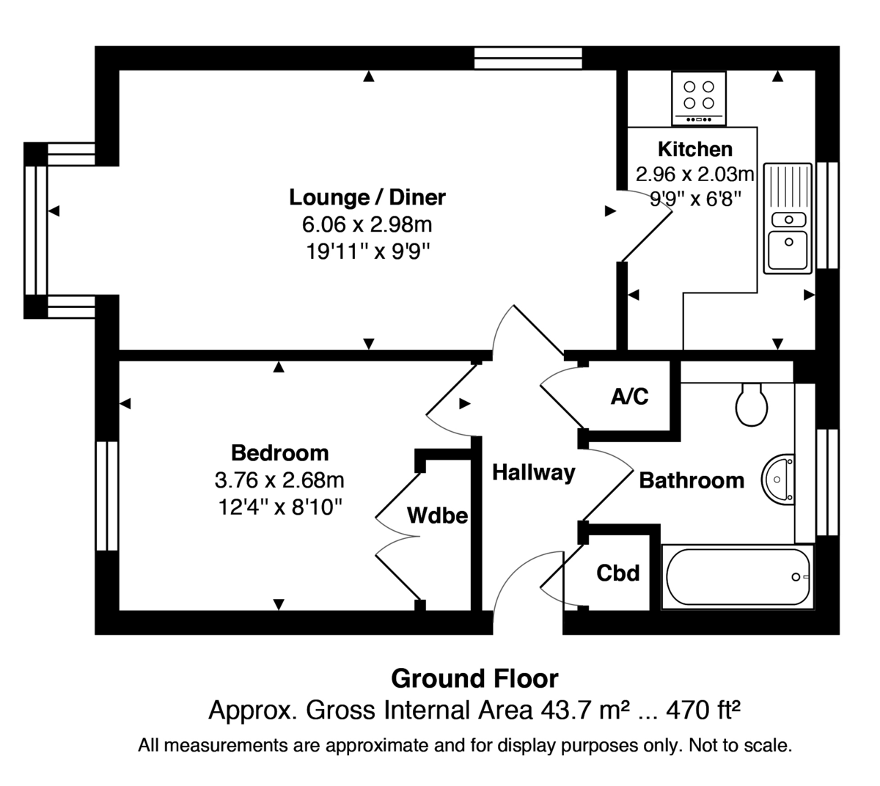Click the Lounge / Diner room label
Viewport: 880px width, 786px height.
tap(367, 197)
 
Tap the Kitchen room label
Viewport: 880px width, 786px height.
tap(694, 150)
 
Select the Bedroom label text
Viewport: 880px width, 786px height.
tap(279, 452)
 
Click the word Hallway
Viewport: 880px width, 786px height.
tap(533, 472)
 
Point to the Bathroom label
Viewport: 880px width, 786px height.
tap(692, 481)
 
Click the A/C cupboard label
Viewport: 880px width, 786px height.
tap(629, 397)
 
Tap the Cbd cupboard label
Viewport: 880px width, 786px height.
tap(617, 573)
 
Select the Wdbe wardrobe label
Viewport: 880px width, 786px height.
tap(437, 515)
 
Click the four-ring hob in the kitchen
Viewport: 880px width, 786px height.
tap(699, 98)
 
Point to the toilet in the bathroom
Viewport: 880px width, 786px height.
tap(752, 405)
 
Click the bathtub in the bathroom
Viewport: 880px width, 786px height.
tap(737, 577)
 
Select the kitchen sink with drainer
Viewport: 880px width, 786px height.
tap(788, 218)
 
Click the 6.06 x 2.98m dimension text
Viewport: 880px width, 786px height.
tap(367, 224)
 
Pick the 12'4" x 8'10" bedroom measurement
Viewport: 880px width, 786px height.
tap(279, 507)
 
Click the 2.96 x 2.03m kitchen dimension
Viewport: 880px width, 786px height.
tap(694, 175)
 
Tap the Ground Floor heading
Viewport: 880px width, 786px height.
tap(474, 678)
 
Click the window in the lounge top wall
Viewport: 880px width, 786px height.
tap(528, 58)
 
